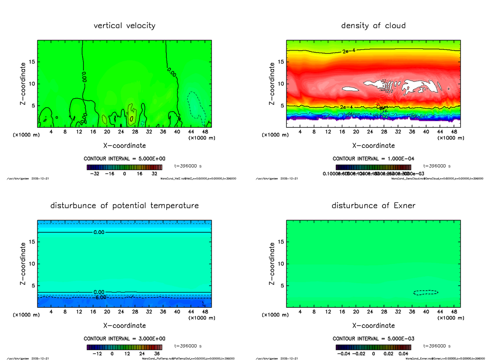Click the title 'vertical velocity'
click(124, 26)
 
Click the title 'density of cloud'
click(373, 26)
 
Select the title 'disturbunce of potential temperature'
click(124, 206)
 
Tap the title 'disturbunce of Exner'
click(373, 206)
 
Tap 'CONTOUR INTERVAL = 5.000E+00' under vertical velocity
click(124, 159)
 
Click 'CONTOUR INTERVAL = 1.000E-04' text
click(373, 159)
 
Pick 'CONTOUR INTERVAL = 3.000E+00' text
click(124, 338)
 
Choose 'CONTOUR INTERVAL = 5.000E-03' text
click(373, 338)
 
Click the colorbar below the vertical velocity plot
click(124, 167)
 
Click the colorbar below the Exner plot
click(373, 347)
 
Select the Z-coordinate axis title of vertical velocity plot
click(23, 83)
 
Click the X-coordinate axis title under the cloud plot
click(373, 146)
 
